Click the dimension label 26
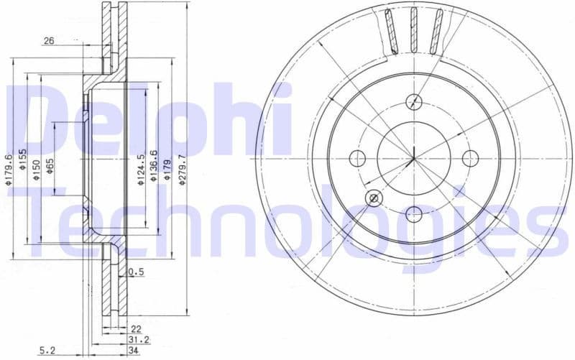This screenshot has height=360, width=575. tap(49, 42)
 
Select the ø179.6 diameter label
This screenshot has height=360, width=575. tap(9, 170)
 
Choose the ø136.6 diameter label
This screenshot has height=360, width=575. tap(154, 169)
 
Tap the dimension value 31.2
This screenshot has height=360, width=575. tap(134, 339)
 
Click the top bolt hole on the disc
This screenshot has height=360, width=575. tap(413, 101)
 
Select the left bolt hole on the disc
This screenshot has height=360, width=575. tap(357, 157)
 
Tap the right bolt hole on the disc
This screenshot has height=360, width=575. tap(470, 157)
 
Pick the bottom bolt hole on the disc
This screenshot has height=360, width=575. tap(413, 213)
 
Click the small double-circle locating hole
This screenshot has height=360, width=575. tap(373, 198)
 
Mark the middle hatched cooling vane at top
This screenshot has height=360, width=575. tap(413, 30)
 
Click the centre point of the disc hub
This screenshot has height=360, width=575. tap(413, 157)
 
